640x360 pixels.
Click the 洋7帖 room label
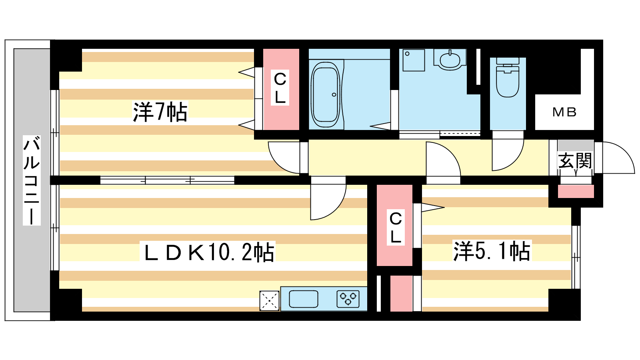160,112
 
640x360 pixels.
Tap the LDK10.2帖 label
208,252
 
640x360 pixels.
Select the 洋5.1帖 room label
492,251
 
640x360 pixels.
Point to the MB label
564,112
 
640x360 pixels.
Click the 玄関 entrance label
575,160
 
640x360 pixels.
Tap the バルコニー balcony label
32,180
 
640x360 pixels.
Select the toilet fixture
508,77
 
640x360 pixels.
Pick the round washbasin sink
450,60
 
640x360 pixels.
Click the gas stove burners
348,299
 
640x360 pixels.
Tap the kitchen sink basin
304,299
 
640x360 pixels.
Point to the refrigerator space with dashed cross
269,300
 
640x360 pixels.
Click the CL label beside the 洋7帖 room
280,88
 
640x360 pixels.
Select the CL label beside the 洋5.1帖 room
396,228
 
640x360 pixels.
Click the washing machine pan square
414,60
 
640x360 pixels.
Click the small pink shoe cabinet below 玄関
576,191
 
